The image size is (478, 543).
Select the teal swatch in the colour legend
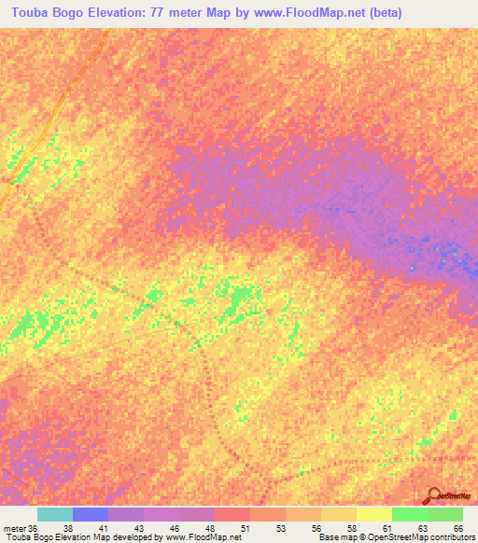click(55, 514)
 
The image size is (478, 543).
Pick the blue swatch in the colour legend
click(91, 514)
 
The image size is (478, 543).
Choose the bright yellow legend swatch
click(374, 514)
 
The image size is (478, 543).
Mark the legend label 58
click(353, 528)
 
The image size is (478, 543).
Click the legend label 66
click(458, 528)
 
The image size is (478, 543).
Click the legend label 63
click(423, 528)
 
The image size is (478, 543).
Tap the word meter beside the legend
click(14, 528)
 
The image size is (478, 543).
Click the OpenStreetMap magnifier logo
click(434, 495)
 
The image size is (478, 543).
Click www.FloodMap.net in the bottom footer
click(203, 537)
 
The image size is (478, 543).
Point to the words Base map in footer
click(335, 537)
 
